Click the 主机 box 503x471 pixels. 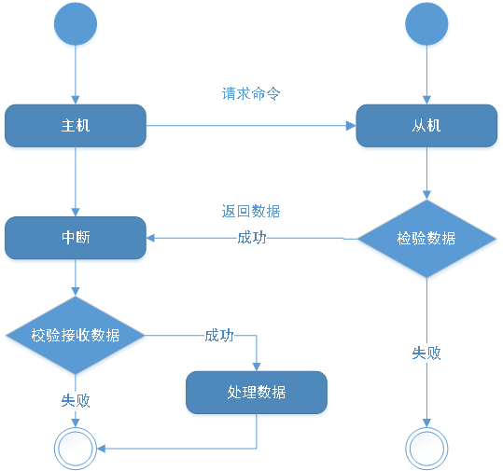point(76,126)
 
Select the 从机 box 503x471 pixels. point(426,126)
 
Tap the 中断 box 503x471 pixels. point(76,238)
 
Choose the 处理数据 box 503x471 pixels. point(257,393)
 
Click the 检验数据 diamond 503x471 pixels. point(426,239)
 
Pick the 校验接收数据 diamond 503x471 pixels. point(76,336)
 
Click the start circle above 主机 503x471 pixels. point(76,23)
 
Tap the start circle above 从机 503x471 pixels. point(426,23)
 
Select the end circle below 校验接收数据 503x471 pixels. point(76,428)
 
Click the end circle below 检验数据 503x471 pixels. point(426,428)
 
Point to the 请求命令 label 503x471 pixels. point(251,93)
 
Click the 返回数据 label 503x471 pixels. point(251,212)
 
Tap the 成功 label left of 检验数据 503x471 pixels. point(252,238)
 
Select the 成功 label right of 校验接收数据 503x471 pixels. point(219,336)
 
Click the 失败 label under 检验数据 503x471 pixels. point(426,353)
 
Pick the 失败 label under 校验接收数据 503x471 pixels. point(76,400)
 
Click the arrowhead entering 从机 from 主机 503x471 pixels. point(351,126)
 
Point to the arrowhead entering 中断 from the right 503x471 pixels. point(151,238)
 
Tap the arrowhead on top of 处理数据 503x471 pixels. point(257,367)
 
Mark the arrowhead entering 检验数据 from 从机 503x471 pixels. point(426,195)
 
